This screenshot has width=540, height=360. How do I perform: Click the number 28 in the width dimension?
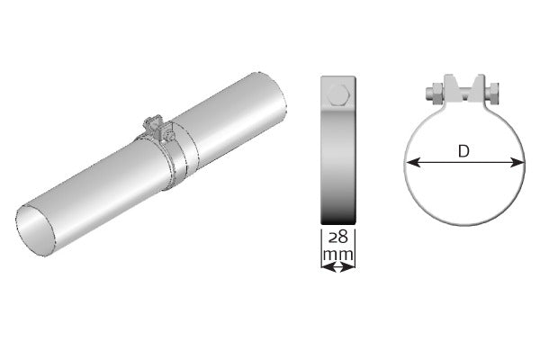point(337,238)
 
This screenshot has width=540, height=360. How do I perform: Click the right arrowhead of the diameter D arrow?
point(519,163)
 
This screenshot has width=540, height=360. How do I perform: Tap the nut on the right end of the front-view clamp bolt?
point(494,90)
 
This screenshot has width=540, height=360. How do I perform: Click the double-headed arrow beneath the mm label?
point(337,266)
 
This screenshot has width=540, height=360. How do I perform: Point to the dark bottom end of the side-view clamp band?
point(338,214)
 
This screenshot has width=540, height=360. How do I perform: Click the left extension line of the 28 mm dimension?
point(322,247)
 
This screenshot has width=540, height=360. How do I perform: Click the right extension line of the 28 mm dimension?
point(355,247)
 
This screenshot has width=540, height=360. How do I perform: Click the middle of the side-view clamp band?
point(338,153)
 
